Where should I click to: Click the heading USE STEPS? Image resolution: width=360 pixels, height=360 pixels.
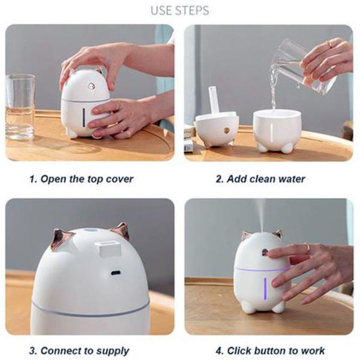coord(180,11)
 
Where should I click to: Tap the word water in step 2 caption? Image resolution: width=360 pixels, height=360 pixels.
coord(292,179)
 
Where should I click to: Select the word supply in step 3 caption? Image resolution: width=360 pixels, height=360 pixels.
coord(113,351)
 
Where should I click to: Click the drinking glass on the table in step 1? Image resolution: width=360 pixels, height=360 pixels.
coord(20,107)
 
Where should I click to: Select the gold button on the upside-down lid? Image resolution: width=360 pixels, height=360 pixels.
coord(227,131)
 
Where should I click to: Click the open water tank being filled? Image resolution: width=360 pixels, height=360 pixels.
coord(277,131)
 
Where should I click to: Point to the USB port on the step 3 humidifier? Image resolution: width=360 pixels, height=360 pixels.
coord(115,273)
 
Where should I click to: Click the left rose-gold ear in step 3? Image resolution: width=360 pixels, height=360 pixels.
coord(62,239)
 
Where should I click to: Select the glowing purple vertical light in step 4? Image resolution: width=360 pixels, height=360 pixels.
coord(265,289)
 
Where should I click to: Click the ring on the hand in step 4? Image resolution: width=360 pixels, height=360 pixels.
coord(307,247)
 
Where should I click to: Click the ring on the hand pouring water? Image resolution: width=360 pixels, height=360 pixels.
coord(330,43)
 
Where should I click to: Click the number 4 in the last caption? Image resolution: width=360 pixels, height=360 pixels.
coord(219,351)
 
